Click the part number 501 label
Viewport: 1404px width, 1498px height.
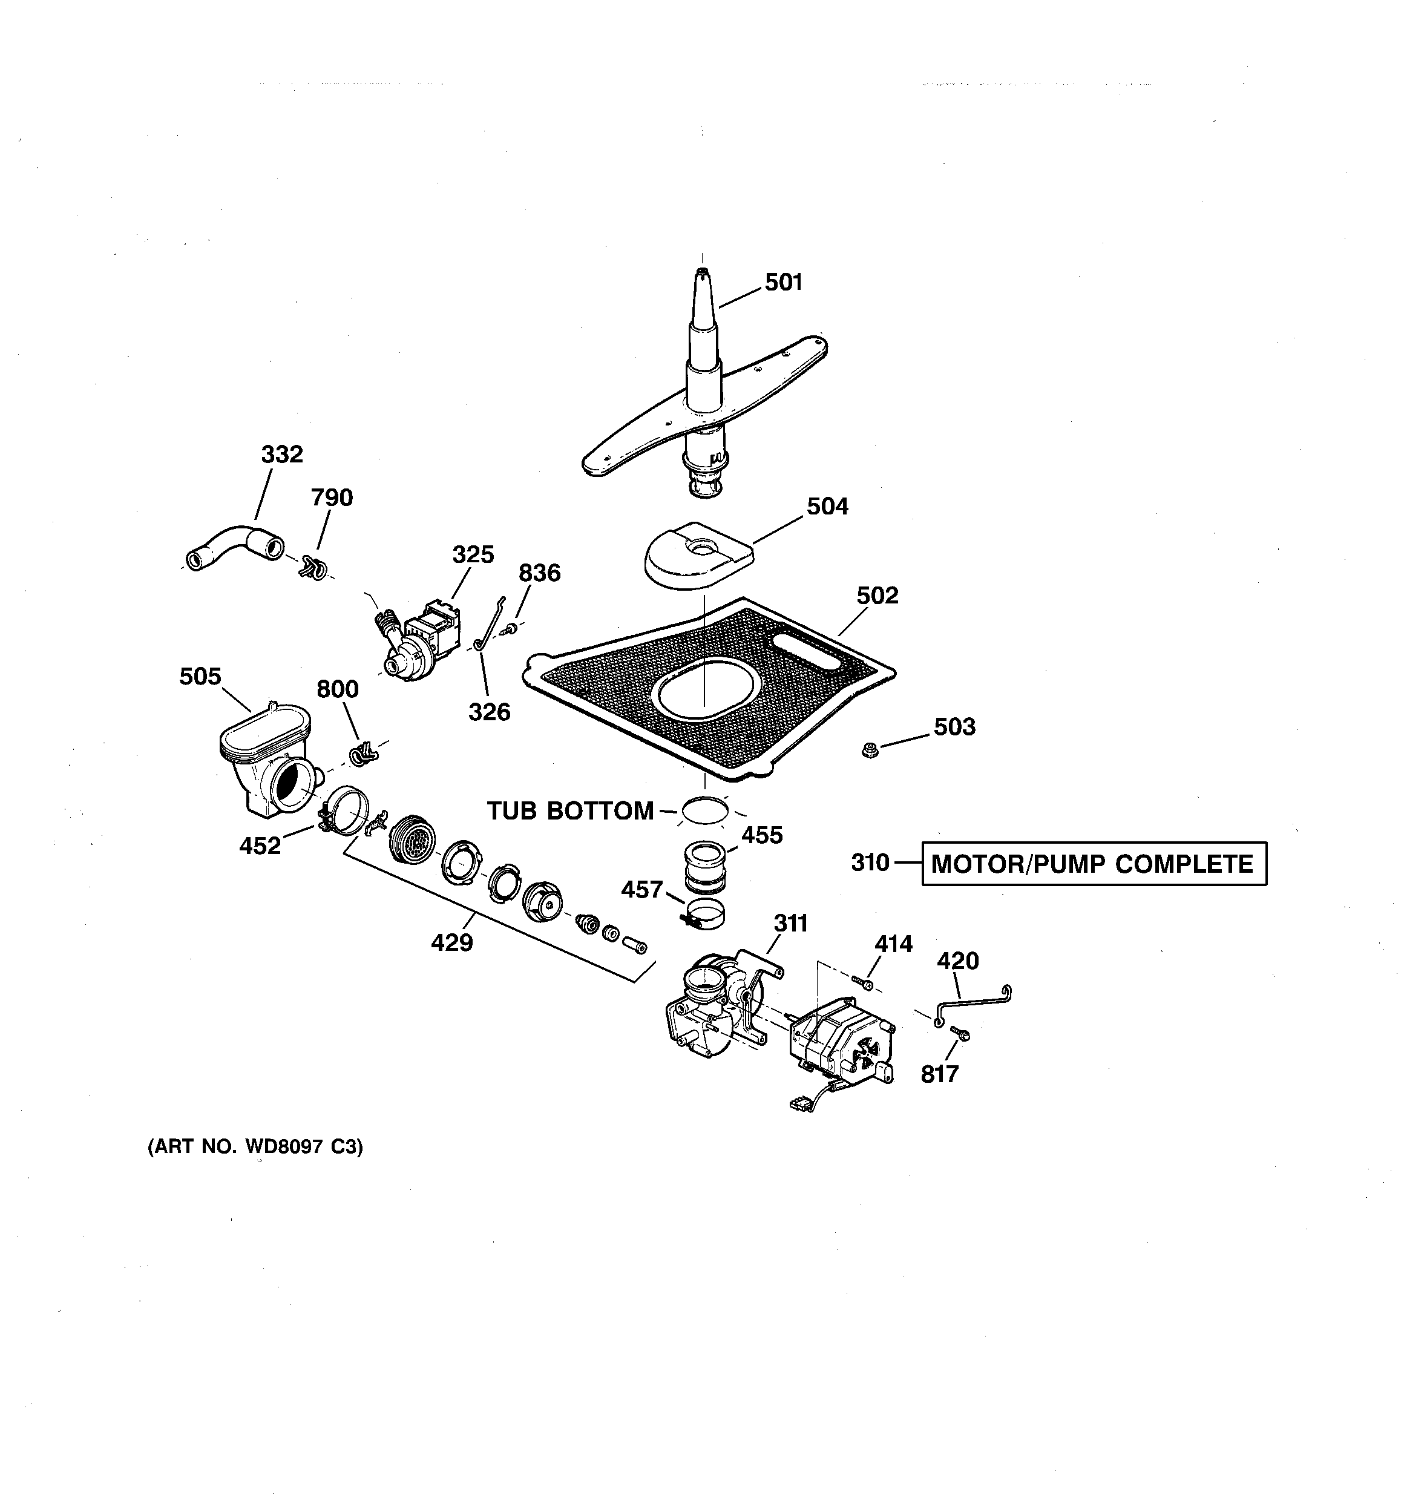click(x=783, y=283)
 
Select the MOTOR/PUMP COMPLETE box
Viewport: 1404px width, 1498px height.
click(x=1094, y=864)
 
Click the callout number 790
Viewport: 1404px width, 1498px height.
click(x=332, y=498)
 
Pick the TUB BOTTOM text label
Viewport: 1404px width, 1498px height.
click(x=569, y=812)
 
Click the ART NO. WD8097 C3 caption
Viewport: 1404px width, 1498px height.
click(x=255, y=1147)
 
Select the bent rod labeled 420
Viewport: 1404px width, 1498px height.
click(x=972, y=1002)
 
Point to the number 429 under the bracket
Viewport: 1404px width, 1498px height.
click(x=451, y=942)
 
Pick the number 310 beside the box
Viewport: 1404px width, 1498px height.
click(x=870, y=862)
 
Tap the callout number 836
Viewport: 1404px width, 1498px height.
click(x=539, y=573)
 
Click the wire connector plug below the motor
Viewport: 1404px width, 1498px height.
click(x=798, y=1104)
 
